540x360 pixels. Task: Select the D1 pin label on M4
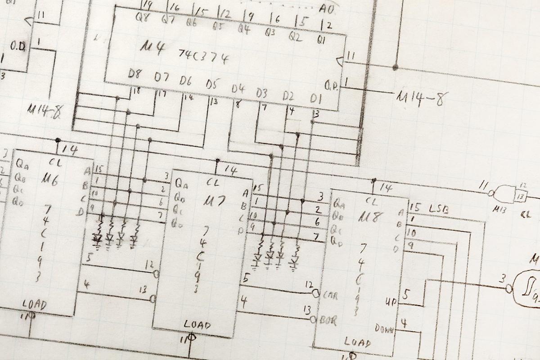(x=316, y=98)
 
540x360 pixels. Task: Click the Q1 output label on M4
(x=321, y=40)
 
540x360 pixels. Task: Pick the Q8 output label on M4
(x=142, y=18)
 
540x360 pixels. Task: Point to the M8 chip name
(x=372, y=217)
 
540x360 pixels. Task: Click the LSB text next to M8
(x=439, y=209)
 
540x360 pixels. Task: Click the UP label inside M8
(x=390, y=300)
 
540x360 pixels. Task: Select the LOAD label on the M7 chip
(x=197, y=325)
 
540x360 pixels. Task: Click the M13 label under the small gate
(x=499, y=208)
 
